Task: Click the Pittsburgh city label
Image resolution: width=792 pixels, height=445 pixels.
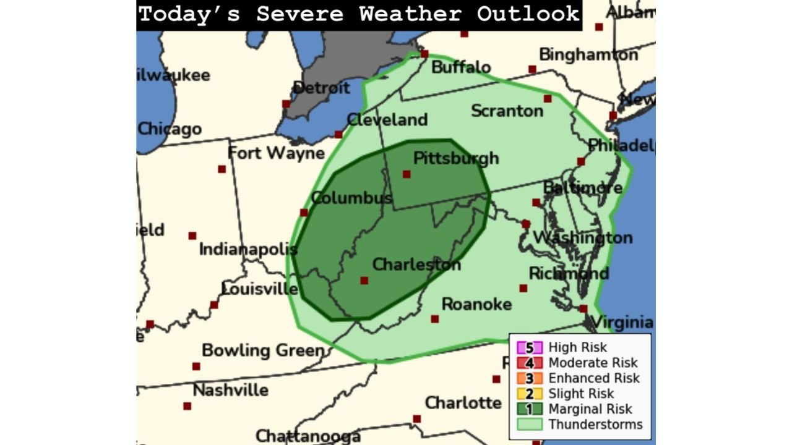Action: [x=455, y=158]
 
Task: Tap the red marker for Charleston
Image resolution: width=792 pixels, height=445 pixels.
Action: [x=364, y=281]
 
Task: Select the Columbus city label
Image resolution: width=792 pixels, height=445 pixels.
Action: [x=351, y=198]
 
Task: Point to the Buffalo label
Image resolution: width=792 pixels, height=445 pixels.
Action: [x=461, y=67]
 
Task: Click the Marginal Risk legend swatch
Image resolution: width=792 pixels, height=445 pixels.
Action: [x=529, y=409]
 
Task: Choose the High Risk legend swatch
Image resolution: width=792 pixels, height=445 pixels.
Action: [x=529, y=348]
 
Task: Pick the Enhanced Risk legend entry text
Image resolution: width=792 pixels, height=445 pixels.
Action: [x=593, y=378]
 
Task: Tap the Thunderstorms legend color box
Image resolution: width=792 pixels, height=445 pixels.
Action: [x=529, y=425]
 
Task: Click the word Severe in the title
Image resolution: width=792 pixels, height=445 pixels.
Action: [x=299, y=14]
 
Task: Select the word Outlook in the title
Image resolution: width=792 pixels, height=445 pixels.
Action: [x=527, y=14]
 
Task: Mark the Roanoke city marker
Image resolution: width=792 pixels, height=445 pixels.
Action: [x=435, y=319]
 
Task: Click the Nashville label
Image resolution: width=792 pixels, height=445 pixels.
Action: [x=230, y=391]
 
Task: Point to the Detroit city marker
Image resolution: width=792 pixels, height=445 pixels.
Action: [x=286, y=104]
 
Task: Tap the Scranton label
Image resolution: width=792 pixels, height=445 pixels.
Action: [x=507, y=111]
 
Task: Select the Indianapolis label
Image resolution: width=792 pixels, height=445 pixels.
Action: [x=248, y=250]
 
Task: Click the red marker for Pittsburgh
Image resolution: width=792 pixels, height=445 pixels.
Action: [x=407, y=174]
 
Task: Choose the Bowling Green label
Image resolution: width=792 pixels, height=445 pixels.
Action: [x=263, y=350]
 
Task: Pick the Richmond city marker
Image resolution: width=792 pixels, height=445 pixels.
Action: [x=523, y=288]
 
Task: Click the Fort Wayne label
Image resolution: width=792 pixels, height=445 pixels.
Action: [x=276, y=153]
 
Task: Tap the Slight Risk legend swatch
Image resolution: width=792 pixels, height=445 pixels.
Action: [x=529, y=394]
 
